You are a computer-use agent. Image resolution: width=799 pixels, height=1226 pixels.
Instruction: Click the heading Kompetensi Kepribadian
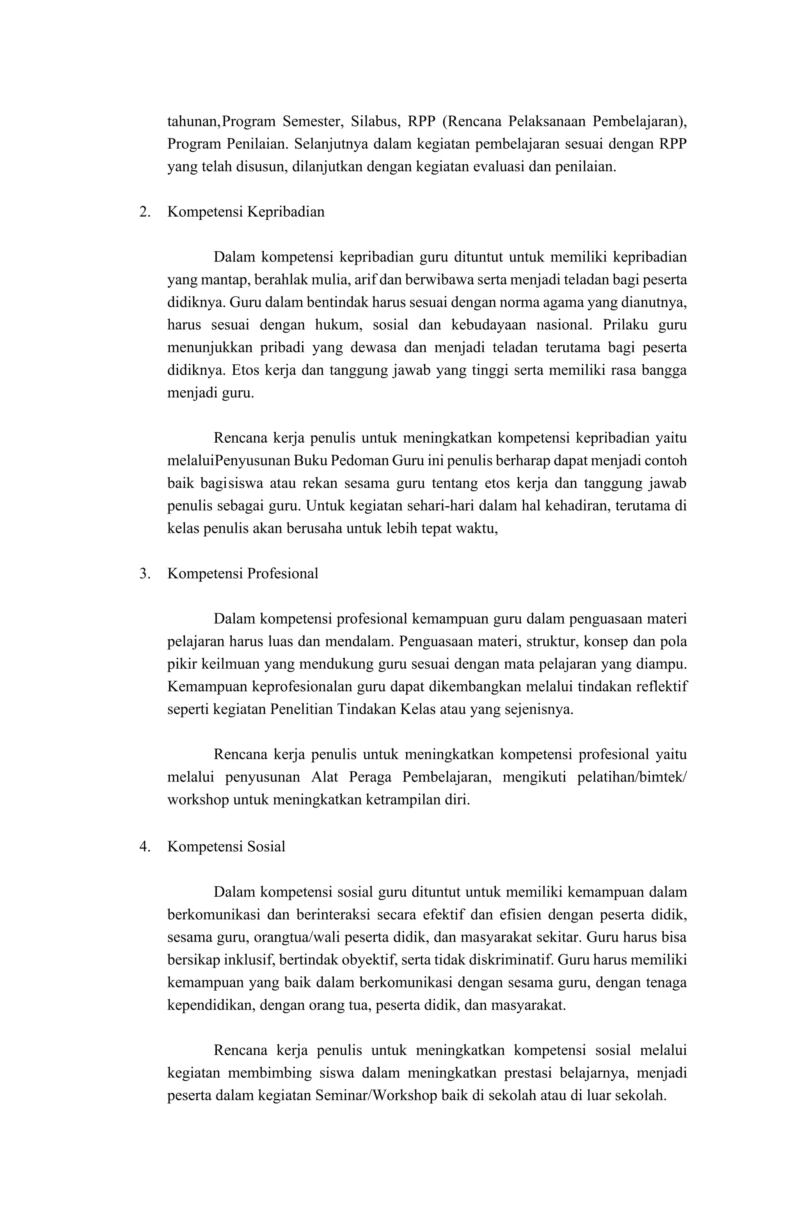245,212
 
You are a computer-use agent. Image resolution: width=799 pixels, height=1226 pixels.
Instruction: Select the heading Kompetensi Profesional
243,573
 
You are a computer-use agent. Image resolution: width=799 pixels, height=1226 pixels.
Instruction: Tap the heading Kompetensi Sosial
226,847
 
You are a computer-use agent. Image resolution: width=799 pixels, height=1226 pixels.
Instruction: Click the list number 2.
145,212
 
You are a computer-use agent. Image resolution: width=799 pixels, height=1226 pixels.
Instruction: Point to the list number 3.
145,573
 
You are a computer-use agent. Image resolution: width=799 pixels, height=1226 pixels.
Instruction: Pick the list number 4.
145,847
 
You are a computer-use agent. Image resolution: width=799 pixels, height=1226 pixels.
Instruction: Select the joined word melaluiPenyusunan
229,461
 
